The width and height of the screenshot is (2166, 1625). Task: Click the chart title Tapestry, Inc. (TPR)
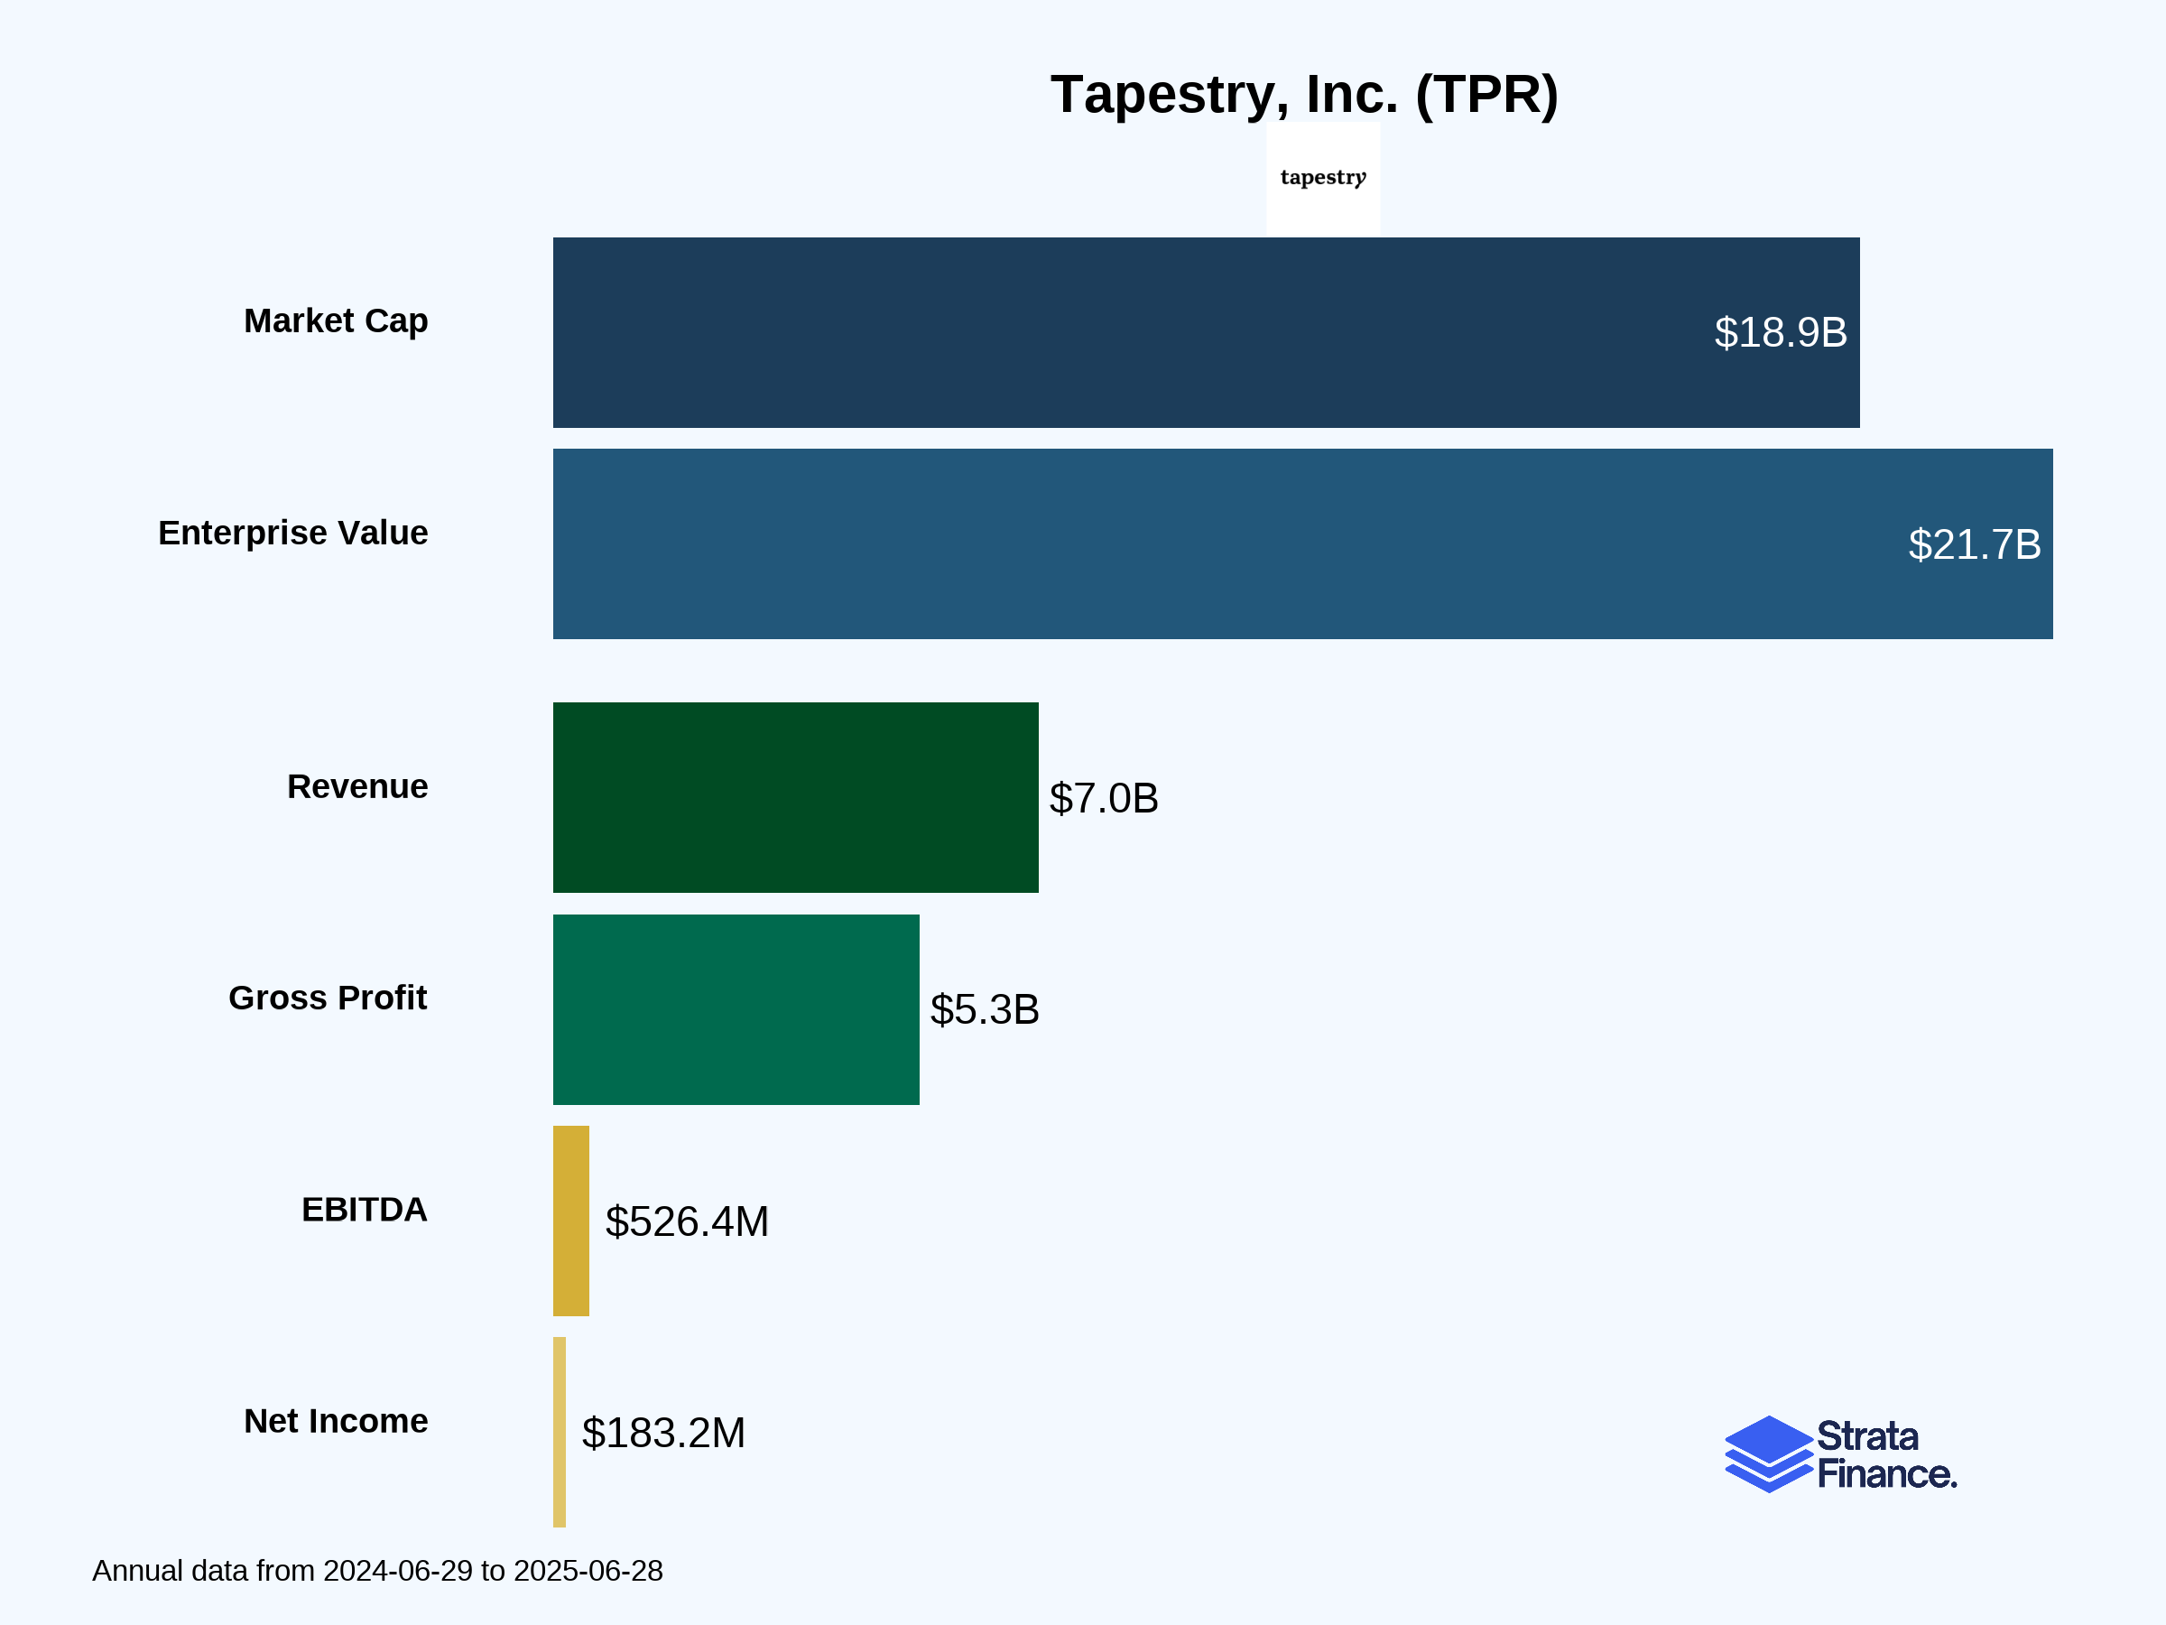click(x=1303, y=95)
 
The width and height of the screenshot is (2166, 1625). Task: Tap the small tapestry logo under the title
click(x=1323, y=177)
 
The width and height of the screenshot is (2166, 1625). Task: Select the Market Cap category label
click(x=336, y=321)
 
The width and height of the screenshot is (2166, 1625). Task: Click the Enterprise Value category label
click(x=292, y=533)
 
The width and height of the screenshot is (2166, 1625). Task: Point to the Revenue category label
click(x=357, y=786)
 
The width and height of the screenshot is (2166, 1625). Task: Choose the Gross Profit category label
click(x=328, y=998)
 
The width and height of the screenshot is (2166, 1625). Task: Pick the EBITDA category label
click(x=365, y=1210)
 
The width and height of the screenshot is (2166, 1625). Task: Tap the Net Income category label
click(x=336, y=1421)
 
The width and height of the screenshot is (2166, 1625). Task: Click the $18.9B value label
click(x=1781, y=333)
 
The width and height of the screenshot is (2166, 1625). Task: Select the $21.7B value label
click(x=1974, y=544)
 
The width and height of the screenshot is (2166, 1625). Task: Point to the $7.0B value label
click(x=1104, y=798)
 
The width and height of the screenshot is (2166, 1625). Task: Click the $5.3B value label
click(x=984, y=1010)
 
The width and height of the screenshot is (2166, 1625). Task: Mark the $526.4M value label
click(x=687, y=1221)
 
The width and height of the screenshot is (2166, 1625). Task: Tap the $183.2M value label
click(x=663, y=1433)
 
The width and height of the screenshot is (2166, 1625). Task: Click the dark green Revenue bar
click(x=795, y=797)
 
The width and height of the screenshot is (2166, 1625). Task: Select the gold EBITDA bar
click(x=571, y=1221)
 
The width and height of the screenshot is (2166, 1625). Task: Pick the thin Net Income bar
click(x=560, y=1432)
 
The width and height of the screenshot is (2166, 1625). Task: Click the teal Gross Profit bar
click(x=736, y=1010)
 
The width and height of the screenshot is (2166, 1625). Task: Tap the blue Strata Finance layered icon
click(x=1768, y=1454)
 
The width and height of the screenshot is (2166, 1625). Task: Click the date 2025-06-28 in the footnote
click(x=588, y=1571)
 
